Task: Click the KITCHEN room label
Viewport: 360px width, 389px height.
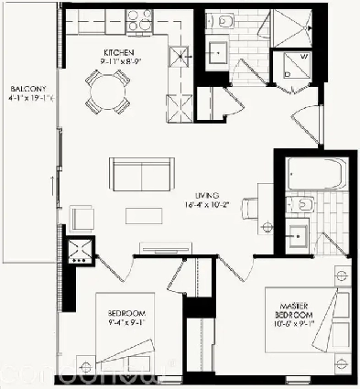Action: [120, 52]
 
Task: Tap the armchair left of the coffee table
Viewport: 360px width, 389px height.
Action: [82, 218]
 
